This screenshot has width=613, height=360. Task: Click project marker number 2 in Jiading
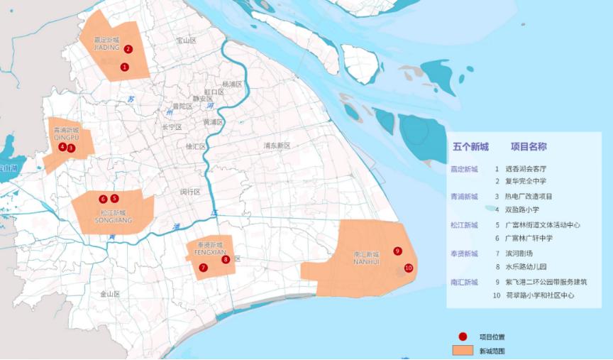(128, 49)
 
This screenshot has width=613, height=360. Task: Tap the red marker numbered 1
(125, 67)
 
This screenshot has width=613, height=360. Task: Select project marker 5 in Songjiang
(114, 198)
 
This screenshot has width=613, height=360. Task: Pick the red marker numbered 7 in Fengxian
(204, 268)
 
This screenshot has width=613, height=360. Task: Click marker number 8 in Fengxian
(226, 259)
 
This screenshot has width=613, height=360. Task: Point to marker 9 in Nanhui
(397, 251)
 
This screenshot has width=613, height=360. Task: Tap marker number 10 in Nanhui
(408, 268)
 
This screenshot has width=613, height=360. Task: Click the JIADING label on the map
(106, 48)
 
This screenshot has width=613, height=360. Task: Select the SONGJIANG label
(114, 220)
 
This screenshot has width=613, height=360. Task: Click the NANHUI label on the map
(366, 261)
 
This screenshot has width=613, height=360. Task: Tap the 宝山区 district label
(186, 41)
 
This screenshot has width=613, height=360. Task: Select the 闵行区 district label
(192, 192)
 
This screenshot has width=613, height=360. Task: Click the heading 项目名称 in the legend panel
(528, 147)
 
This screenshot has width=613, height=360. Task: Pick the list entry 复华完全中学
(526, 181)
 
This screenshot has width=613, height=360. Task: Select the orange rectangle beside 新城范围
(463, 351)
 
